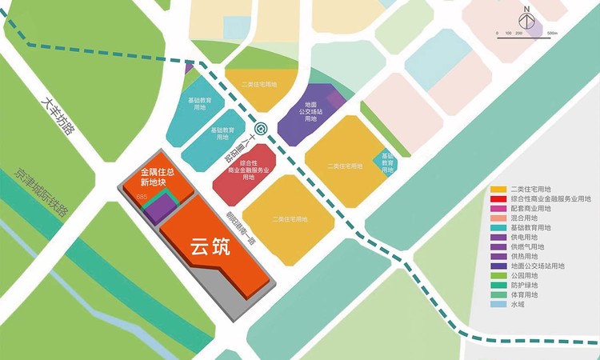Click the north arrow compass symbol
(526, 17)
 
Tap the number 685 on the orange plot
(143, 197)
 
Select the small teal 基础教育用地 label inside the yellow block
(387, 162)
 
